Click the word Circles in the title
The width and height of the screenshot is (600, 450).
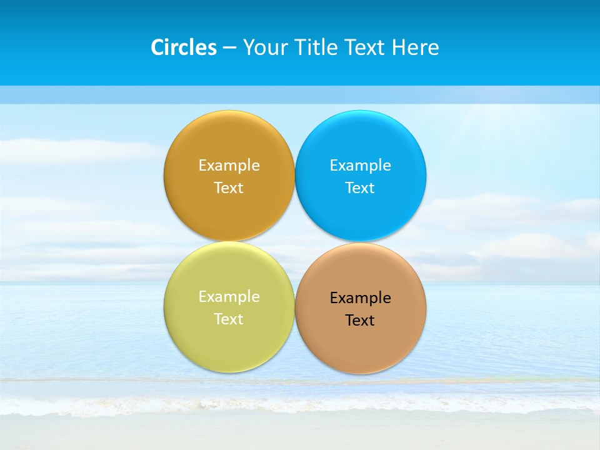[184, 47]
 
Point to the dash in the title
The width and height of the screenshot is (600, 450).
[229, 48]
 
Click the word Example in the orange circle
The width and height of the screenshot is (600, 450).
[229, 166]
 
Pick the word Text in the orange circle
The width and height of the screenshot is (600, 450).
[229, 188]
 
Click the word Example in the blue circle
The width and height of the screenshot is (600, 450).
[360, 166]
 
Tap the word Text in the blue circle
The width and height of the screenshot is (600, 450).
[360, 188]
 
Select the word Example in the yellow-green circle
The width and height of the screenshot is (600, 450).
[229, 297]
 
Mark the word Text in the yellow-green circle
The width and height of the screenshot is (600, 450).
[229, 319]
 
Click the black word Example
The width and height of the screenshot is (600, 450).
[360, 298]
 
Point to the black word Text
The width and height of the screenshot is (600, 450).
[360, 321]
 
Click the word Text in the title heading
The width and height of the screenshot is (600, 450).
[366, 47]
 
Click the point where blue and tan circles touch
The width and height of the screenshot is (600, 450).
[361, 242]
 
